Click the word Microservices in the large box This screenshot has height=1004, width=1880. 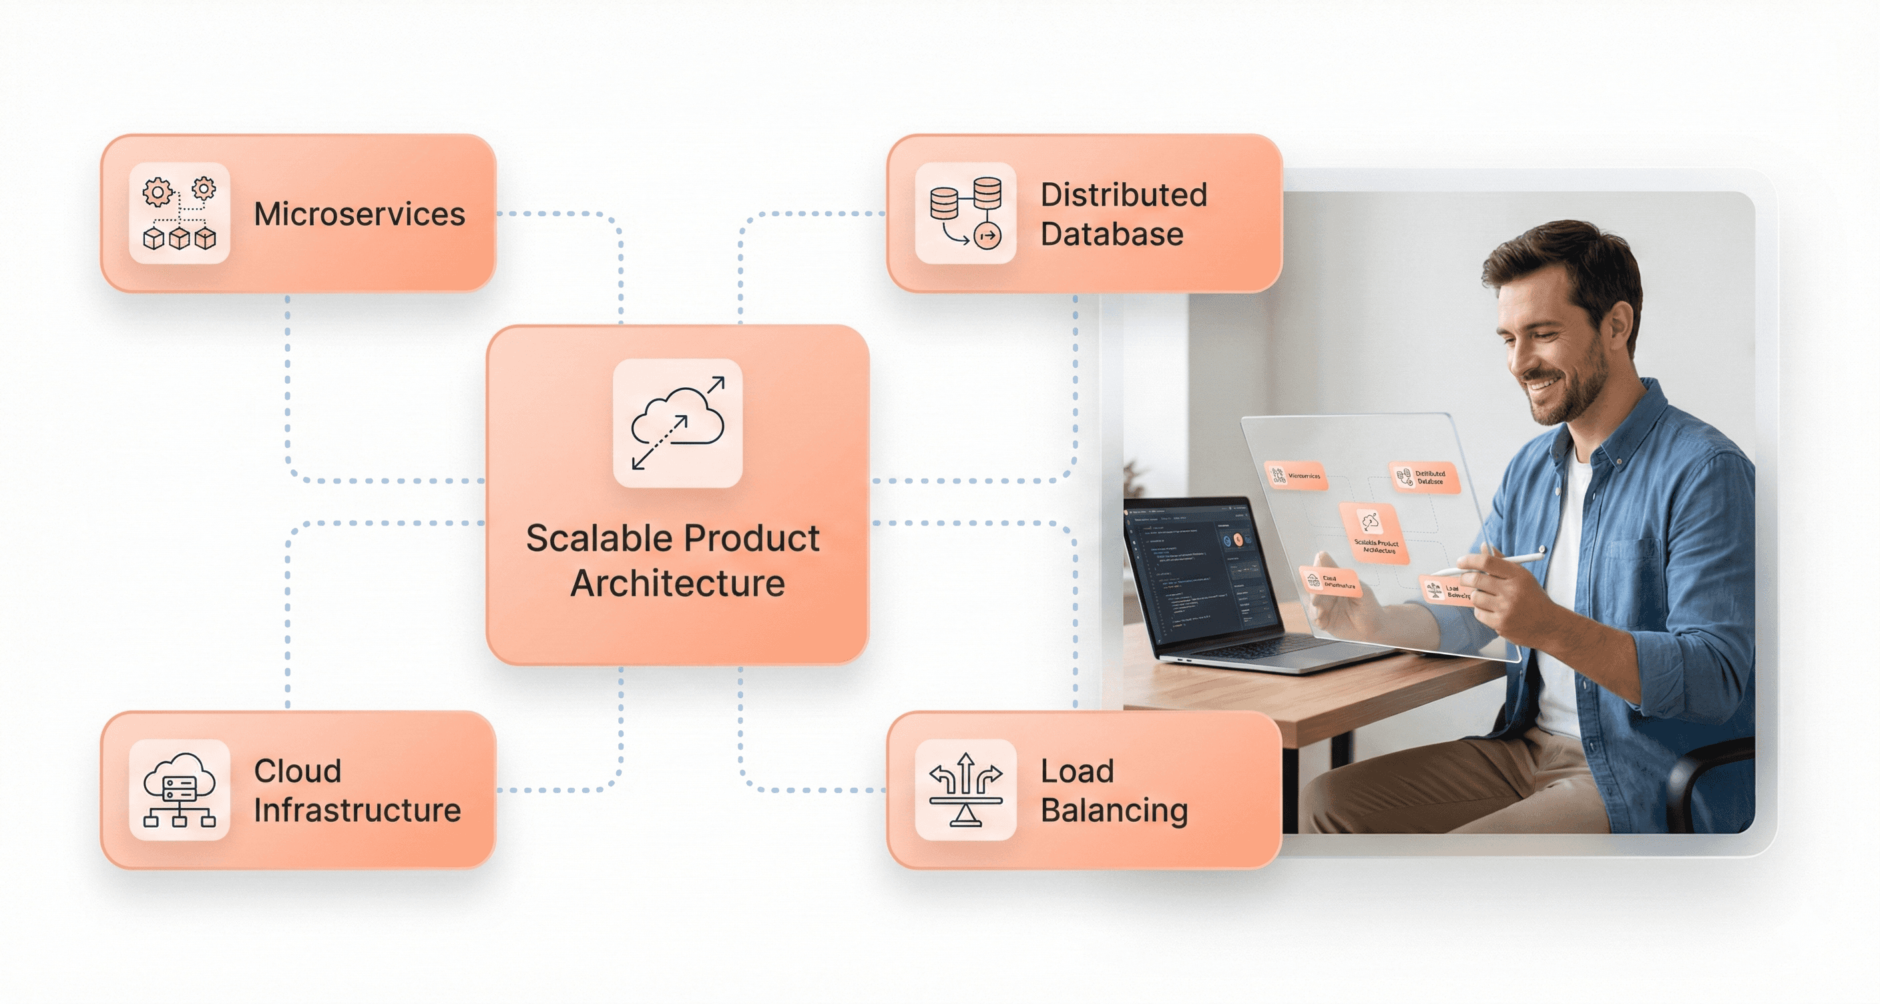(359, 214)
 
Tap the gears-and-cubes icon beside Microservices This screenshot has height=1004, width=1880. (180, 213)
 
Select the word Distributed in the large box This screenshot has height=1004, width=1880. (1123, 195)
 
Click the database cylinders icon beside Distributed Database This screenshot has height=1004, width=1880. (965, 213)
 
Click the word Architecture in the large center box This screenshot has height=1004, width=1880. (677, 583)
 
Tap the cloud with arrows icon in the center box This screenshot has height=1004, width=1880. (677, 423)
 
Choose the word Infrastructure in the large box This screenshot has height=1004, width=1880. (357, 810)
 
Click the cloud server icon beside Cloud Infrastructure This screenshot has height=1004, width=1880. (180, 790)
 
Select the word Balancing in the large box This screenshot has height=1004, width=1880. (1114, 810)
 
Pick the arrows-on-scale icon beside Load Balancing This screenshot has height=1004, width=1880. (965, 790)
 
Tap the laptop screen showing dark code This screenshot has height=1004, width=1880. (1197, 569)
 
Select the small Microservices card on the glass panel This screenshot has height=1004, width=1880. (1295, 476)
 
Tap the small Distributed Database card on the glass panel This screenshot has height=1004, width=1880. (1423, 477)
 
